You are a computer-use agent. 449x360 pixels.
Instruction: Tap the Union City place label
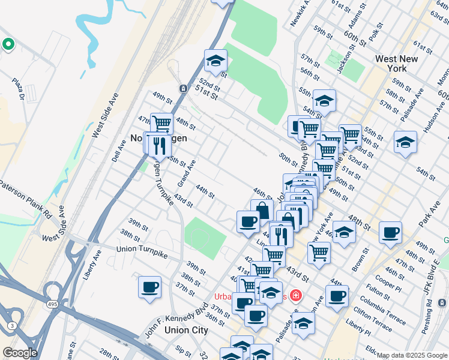[186, 330]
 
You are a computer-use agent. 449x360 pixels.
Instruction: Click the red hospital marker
[295, 295]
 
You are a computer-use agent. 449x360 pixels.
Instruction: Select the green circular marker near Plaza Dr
[8, 44]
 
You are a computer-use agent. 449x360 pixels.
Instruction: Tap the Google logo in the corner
[19, 353]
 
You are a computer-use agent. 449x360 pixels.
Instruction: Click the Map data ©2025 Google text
[412, 355]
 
